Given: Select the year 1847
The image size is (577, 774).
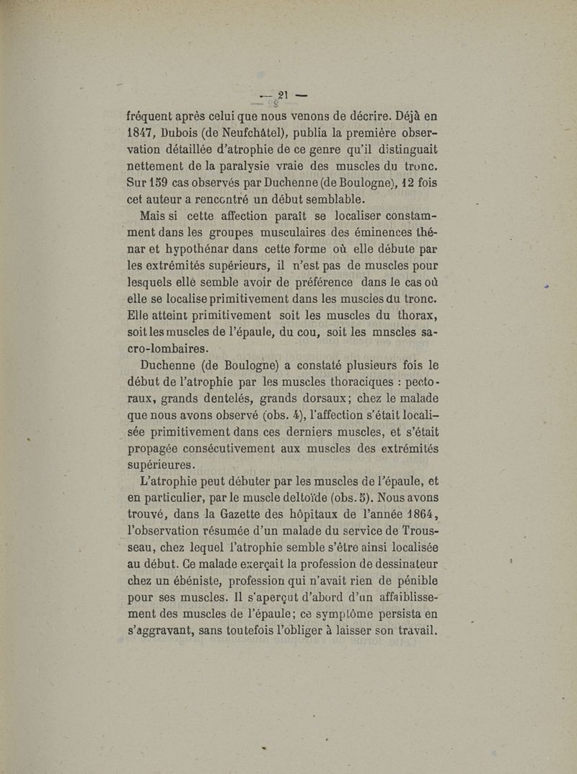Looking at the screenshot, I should pos(142,132).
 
